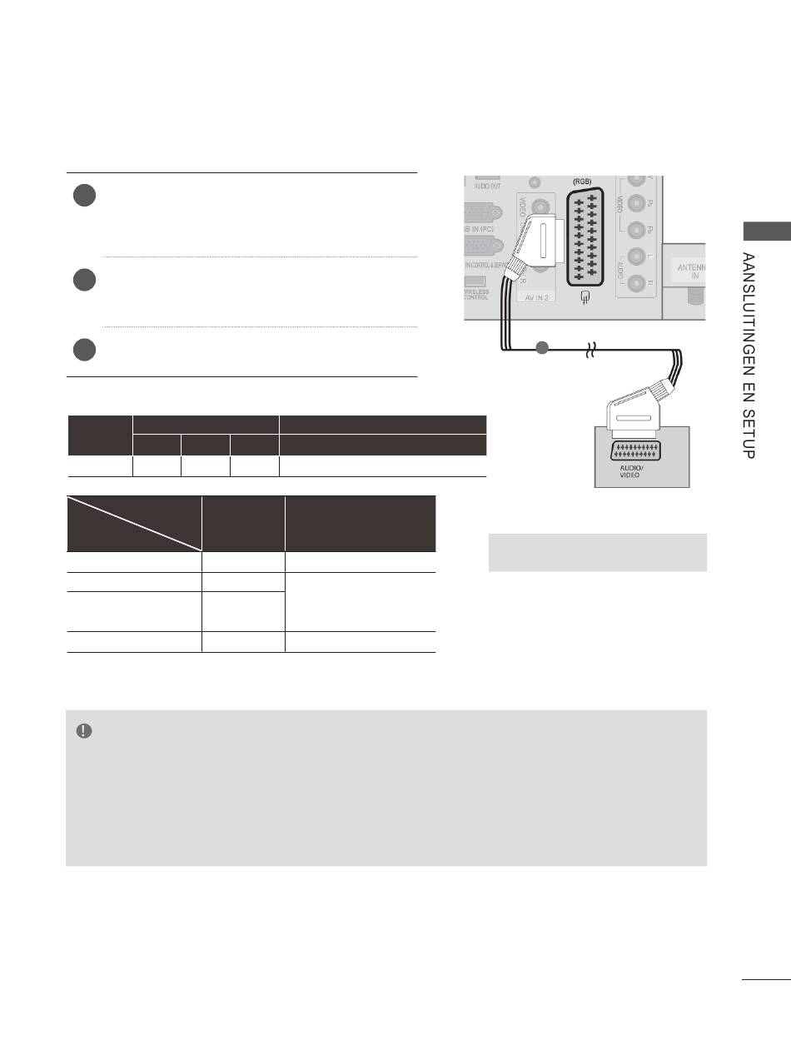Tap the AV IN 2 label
click(537, 296)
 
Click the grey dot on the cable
click(542, 347)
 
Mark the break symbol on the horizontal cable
click(593, 351)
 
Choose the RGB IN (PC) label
click(475, 228)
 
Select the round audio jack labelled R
click(638, 283)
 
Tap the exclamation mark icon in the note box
click(83, 730)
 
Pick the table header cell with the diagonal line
click(134, 523)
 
